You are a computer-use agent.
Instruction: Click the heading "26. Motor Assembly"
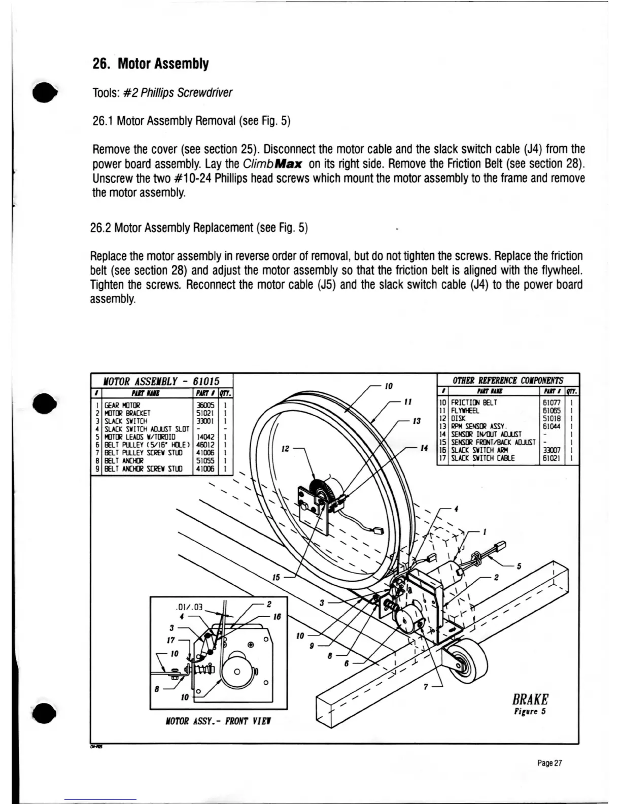coord(150,64)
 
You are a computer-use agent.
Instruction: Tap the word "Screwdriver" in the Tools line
coord(204,93)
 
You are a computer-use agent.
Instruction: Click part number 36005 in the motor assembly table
coord(204,406)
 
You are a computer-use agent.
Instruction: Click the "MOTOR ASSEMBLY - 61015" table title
coord(161,381)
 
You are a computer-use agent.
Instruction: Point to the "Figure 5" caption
coord(529,712)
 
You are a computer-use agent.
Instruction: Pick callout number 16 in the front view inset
coord(277,617)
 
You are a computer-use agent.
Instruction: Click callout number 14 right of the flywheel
coord(425,448)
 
